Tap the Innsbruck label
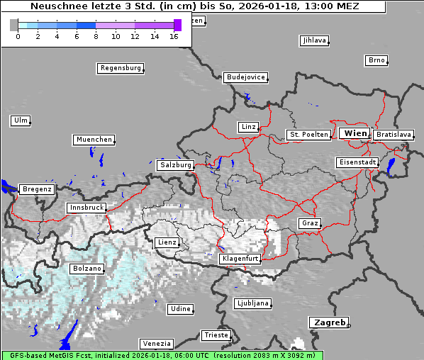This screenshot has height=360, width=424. click(86, 208)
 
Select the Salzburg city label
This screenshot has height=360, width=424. click(175, 164)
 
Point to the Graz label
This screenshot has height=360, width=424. click(310, 223)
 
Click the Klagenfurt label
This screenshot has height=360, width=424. click(240, 259)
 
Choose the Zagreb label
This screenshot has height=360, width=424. click(329, 322)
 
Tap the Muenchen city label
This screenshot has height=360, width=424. click(94, 140)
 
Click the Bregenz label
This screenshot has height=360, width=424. click(37, 189)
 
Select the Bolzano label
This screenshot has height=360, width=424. click(87, 269)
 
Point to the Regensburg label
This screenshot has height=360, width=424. click(120, 68)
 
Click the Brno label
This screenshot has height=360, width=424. click(376, 60)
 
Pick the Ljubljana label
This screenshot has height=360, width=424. click(252, 303)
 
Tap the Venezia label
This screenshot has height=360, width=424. click(155, 343)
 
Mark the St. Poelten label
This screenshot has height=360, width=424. click(308, 134)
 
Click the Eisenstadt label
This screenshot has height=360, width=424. click(357, 162)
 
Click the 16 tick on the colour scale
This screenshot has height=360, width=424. click(174, 36)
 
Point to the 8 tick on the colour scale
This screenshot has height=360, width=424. click(96, 36)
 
